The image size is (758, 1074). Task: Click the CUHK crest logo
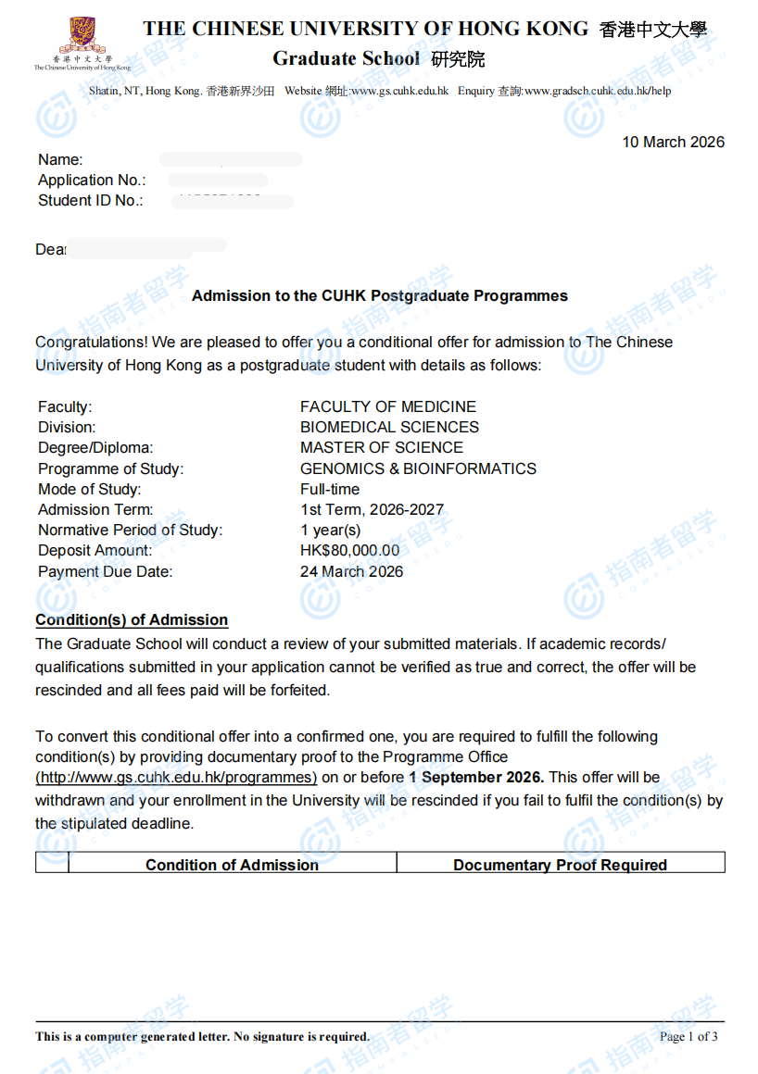(82, 37)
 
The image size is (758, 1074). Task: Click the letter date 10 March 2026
(673, 142)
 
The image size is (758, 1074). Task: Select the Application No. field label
(92, 181)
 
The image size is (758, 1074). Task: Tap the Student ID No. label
(90, 201)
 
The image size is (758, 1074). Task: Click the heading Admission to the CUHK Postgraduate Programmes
(380, 296)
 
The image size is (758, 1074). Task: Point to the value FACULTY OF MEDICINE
(388, 406)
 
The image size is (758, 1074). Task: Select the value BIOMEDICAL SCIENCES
(389, 427)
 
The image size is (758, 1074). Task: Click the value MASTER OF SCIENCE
(382, 447)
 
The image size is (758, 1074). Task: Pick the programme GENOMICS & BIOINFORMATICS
(418, 468)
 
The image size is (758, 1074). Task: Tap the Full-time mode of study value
(330, 489)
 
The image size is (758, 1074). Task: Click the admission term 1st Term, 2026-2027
(372, 509)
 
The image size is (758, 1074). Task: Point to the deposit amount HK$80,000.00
(349, 550)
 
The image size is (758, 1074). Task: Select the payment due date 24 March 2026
(351, 571)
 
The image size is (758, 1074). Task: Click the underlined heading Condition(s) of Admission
(132, 619)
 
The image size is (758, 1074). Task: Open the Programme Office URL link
(176, 778)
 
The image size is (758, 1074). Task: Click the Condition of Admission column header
(232, 865)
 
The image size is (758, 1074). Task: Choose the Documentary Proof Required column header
(560, 865)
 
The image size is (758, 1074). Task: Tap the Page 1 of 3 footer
(689, 1036)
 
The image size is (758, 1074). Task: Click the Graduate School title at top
(347, 58)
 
